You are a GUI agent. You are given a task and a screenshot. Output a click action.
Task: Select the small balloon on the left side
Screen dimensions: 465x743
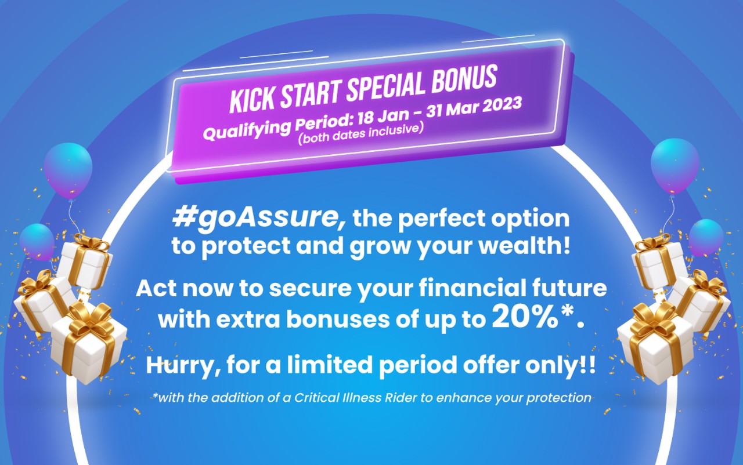click(x=37, y=240)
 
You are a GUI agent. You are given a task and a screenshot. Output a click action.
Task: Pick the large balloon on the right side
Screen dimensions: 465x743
click(x=675, y=165)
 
